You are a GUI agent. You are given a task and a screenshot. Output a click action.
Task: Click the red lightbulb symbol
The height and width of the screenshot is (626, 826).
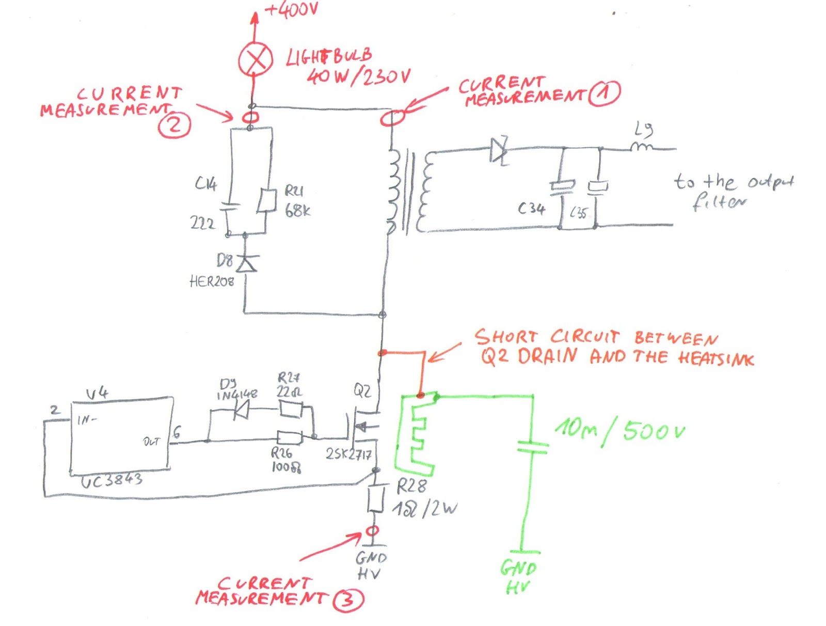point(255,59)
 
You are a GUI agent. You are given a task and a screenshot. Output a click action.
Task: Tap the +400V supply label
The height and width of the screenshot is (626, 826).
point(291,9)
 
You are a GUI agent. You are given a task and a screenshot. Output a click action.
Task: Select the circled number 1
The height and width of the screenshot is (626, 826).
point(605,93)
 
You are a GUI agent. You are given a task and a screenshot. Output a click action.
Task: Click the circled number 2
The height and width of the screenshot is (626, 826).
point(174,125)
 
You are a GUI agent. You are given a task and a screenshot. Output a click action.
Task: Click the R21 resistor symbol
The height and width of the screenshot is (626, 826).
point(266,200)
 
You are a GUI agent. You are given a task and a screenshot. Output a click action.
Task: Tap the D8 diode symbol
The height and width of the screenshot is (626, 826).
point(246,263)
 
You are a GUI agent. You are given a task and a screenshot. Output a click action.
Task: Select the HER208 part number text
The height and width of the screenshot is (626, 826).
point(212,281)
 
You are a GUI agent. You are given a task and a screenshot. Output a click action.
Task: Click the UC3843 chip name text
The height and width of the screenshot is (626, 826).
point(112,481)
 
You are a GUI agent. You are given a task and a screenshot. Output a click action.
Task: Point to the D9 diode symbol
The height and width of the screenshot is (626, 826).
point(241,411)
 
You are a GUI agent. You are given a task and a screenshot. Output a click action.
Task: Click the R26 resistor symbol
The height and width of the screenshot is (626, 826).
point(289,438)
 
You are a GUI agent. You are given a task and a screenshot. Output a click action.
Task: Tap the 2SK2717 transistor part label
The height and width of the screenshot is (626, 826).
point(348,454)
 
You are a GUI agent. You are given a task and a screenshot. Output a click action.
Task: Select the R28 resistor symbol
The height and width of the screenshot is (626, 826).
point(376,498)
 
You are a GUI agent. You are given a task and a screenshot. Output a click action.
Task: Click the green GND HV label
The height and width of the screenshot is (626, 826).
point(518,576)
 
